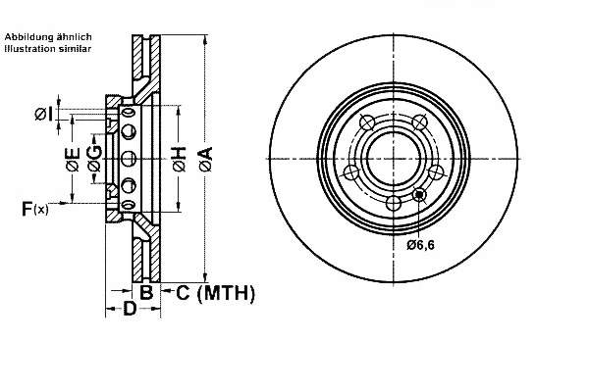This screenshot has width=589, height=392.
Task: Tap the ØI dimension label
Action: (43, 115)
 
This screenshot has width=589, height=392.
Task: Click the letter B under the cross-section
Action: (145, 292)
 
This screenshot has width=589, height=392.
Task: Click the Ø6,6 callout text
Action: (424, 244)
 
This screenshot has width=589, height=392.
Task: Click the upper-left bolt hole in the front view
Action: (367, 122)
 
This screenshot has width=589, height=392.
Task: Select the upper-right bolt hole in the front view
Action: (421, 122)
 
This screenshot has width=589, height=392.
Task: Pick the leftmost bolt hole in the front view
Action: (350, 172)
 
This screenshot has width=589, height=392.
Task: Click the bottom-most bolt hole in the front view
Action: (394, 203)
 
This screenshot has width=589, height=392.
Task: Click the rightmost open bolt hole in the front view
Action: (438, 172)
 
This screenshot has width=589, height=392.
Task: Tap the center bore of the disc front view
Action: (394, 157)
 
